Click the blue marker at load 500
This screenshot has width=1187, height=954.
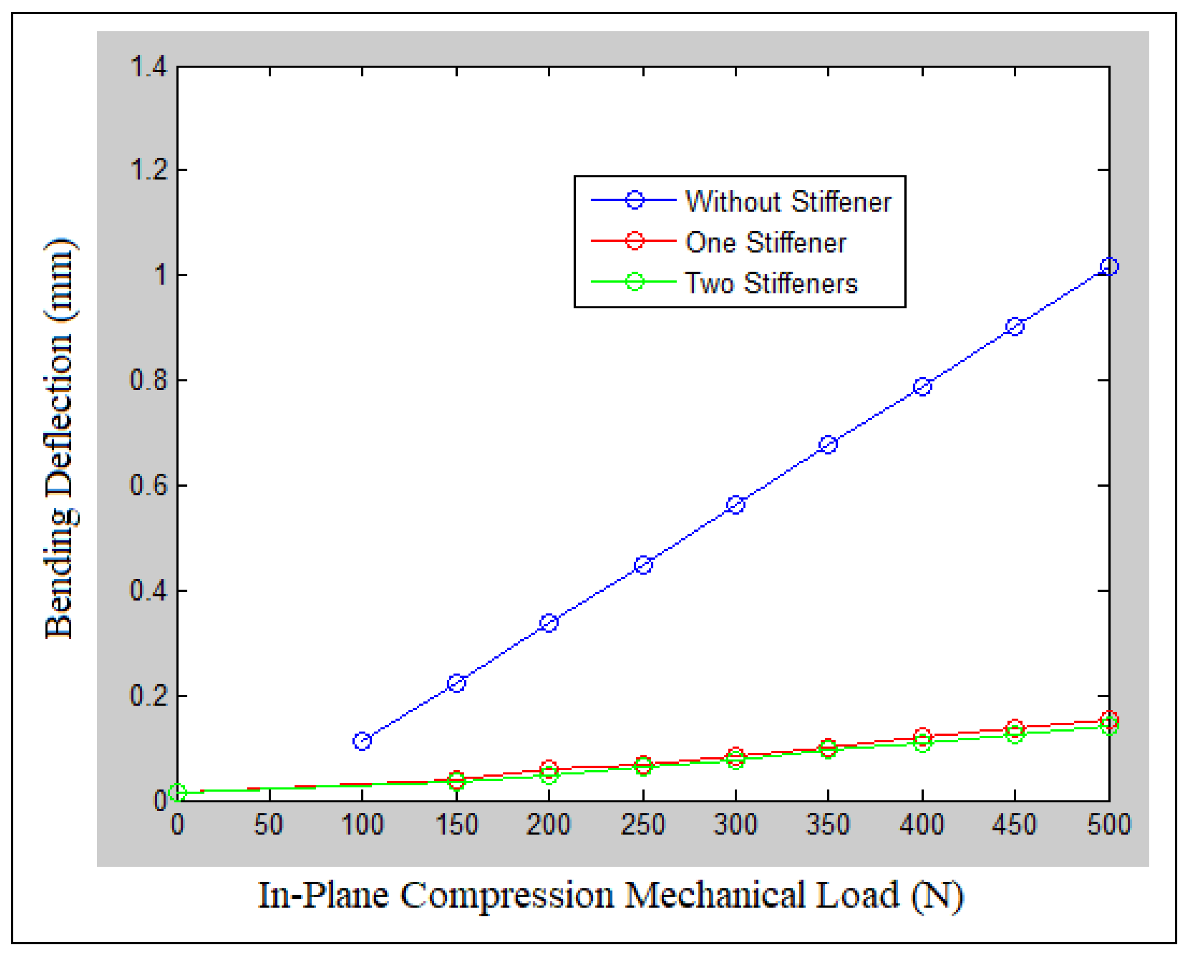pyautogui.click(x=1108, y=267)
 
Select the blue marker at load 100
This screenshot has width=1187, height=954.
pyautogui.click(x=362, y=741)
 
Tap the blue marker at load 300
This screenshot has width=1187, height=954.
pyautogui.click(x=736, y=505)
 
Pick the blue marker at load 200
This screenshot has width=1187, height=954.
pyautogui.click(x=549, y=623)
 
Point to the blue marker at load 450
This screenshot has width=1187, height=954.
pyautogui.click(x=1015, y=326)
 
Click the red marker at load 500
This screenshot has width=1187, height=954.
pyautogui.click(x=1108, y=719)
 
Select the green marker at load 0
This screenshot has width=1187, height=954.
pyautogui.click(x=177, y=792)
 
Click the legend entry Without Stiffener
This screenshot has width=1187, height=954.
pyautogui.click(x=788, y=201)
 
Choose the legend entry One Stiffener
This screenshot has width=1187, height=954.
pyautogui.click(x=765, y=242)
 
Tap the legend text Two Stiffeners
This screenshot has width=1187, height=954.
pyautogui.click(x=771, y=283)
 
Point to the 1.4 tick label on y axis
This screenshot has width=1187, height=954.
pyautogui.click(x=148, y=68)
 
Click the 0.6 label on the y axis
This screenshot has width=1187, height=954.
pyautogui.click(x=148, y=486)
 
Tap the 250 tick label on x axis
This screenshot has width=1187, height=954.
pyautogui.click(x=642, y=824)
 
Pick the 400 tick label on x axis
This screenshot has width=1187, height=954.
pyautogui.click(x=922, y=824)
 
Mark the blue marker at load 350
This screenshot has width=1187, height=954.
pyautogui.click(x=828, y=444)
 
